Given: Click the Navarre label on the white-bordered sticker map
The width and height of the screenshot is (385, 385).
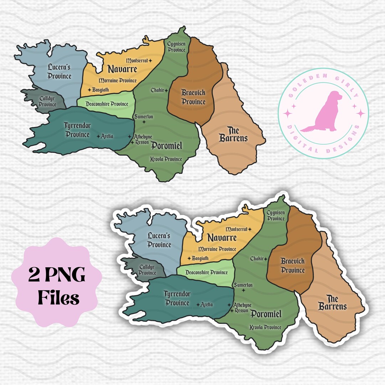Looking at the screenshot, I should pyautogui.click(x=222, y=238).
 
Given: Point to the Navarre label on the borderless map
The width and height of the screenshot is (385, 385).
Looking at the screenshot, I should pyautogui.click(x=122, y=69).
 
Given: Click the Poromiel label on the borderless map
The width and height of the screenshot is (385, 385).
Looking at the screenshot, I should pyautogui.click(x=166, y=145).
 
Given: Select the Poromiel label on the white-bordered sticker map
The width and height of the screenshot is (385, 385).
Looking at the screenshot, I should pyautogui.click(x=266, y=314).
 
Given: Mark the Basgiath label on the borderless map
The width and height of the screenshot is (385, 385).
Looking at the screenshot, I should pyautogui.click(x=100, y=89).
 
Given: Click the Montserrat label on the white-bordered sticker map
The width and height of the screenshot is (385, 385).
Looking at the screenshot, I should pyautogui.click(x=237, y=229).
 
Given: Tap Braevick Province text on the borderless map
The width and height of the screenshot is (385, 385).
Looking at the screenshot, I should pyautogui.click(x=194, y=97).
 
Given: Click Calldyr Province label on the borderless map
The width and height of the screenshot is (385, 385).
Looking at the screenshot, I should pyautogui.click(x=47, y=102).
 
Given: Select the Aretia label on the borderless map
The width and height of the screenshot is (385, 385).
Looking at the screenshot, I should pyautogui.click(x=107, y=136).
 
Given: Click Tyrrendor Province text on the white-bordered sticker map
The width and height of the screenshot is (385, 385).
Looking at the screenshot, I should pyautogui.click(x=176, y=298).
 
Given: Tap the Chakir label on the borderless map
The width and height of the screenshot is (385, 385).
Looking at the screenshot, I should pyautogui.click(x=157, y=90).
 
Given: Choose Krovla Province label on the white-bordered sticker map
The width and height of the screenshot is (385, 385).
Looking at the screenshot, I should pyautogui.click(x=266, y=327).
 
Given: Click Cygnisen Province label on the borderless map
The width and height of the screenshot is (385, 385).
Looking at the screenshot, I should pyautogui.click(x=176, y=47).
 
